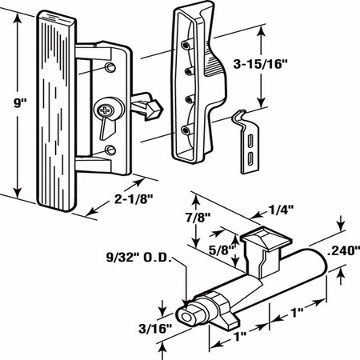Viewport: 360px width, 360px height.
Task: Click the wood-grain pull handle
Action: click(x=53, y=112)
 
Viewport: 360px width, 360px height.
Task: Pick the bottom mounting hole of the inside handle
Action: click(x=109, y=150)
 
